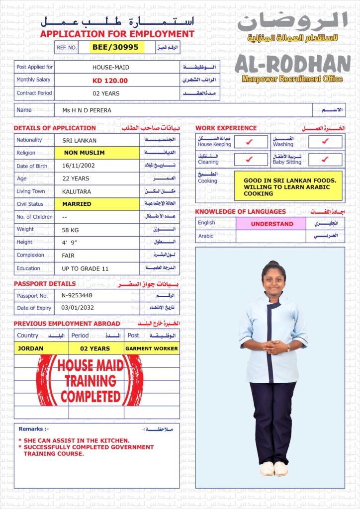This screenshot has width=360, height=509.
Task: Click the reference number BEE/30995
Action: coord(117,47)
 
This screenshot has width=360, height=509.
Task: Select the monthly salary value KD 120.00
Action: coord(110,81)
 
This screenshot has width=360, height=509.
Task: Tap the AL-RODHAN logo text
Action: coord(293,64)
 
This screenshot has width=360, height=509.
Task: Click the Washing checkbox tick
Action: coord(325,142)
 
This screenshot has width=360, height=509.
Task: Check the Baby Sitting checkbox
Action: coord(325,160)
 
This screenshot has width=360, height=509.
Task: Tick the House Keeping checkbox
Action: coord(250,142)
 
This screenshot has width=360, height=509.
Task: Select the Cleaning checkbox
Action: coord(250,160)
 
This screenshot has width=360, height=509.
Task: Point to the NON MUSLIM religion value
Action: coord(85,153)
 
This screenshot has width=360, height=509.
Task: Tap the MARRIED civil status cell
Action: coord(77,204)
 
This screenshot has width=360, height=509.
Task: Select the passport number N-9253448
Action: coord(77,295)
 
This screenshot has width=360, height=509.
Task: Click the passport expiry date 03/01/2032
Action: coord(77,308)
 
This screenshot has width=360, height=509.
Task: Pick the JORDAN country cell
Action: coord(31,348)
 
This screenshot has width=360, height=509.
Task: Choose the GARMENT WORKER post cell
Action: coord(151,348)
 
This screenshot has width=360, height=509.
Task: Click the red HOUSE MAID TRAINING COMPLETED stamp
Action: coord(90,381)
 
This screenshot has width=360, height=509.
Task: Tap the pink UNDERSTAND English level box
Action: coord(271,224)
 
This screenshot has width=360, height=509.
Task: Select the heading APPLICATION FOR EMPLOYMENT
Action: coord(117,34)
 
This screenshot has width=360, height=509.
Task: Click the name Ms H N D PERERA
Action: coord(87,110)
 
